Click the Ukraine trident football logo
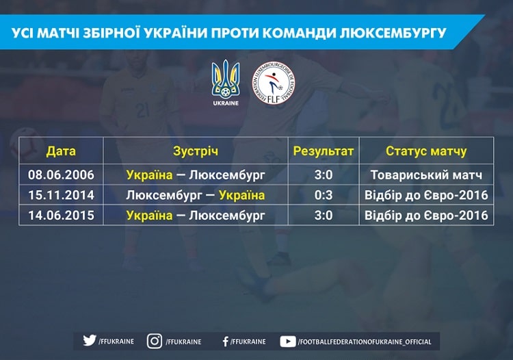(x=226, y=79)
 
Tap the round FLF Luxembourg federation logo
(x=273, y=83)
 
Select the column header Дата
(x=61, y=151)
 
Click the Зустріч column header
(x=196, y=151)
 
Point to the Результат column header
(x=324, y=151)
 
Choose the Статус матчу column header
(x=426, y=151)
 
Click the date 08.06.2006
(x=61, y=175)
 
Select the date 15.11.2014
(x=61, y=195)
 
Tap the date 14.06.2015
(x=61, y=216)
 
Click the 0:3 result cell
(x=324, y=195)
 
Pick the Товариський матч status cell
(x=426, y=175)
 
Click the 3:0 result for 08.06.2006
(x=324, y=175)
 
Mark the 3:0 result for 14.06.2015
(x=324, y=216)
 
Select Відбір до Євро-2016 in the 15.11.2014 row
(x=426, y=195)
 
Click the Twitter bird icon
(x=90, y=340)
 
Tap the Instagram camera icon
(x=155, y=341)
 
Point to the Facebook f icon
(x=225, y=342)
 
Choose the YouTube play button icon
(x=288, y=342)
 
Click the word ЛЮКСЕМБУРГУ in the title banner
(x=393, y=33)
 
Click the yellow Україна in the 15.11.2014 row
(x=241, y=195)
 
